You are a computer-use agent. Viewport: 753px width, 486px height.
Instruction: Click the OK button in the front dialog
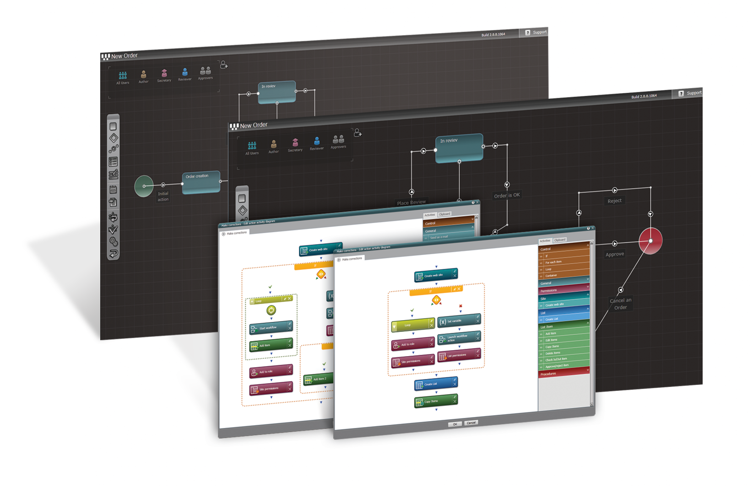(455, 424)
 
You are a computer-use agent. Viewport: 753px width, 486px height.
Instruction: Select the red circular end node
(650, 240)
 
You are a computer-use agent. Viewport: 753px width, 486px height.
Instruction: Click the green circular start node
(144, 186)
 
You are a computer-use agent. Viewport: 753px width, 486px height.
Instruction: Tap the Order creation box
(201, 182)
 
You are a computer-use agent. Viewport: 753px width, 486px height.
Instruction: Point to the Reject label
(614, 201)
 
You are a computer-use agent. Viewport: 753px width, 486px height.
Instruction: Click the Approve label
(614, 254)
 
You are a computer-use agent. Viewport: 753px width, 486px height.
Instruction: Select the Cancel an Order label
(620, 304)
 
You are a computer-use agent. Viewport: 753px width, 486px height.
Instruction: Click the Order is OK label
(507, 195)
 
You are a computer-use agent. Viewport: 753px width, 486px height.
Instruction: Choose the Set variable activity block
(459, 321)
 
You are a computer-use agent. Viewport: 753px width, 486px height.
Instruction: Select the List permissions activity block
(459, 355)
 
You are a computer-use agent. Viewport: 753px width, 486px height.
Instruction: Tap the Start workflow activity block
(271, 328)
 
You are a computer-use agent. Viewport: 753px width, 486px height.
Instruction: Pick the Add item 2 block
(318, 379)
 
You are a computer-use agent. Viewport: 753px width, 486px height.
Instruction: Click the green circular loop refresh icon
(271, 310)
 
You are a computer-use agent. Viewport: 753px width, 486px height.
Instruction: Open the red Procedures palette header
(563, 374)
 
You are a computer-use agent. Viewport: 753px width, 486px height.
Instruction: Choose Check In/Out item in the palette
(563, 359)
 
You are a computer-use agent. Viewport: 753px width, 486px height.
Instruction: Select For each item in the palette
(563, 262)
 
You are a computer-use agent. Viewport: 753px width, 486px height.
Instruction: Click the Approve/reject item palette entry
(563, 365)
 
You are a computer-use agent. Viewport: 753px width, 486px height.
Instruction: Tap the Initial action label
(163, 197)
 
